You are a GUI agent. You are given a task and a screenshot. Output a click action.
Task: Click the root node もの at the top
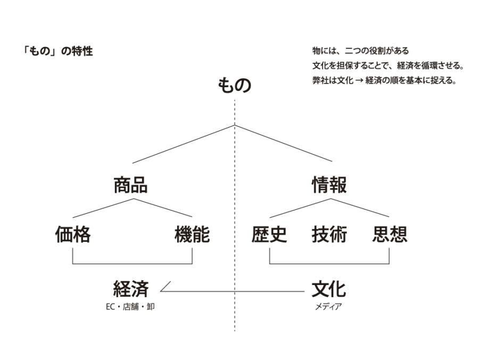click(235, 85)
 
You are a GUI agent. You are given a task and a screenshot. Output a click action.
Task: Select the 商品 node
click(131, 185)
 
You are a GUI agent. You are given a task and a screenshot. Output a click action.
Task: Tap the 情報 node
click(329, 185)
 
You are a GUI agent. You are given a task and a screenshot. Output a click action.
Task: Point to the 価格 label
click(73, 235)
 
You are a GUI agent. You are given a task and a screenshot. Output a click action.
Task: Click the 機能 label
click(192, 235)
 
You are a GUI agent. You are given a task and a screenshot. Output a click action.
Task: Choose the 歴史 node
click(269, 235)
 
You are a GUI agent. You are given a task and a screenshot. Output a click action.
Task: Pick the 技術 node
click(329, 235)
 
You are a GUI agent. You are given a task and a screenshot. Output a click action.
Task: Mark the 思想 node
click(390, 235)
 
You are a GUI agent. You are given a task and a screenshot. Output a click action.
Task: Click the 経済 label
click(131, 289)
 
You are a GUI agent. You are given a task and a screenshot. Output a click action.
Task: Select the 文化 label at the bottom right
click(329, 289)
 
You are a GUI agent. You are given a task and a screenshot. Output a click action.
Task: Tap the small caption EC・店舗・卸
click(130, 306)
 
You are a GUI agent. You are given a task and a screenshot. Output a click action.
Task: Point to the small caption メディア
click(328, 306)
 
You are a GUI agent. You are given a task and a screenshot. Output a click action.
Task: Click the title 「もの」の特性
click(58, 51)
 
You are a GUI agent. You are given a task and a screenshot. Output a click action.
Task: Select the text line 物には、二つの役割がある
click(361, 51)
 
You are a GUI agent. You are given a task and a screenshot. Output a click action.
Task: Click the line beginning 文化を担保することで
click(388, 65)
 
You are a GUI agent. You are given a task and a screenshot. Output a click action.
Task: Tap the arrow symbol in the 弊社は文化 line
click(359, 81)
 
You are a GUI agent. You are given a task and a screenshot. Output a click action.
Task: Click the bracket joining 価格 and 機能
click(133, 263)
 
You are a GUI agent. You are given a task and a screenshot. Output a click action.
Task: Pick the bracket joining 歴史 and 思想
click(329, 263)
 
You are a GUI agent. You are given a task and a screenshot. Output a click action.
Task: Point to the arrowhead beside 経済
click(165, 287)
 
